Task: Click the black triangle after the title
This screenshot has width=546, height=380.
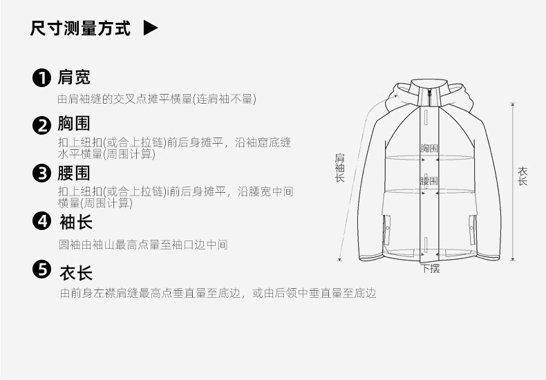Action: tap(151, 28)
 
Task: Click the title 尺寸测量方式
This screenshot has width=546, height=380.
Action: tap(80, 28)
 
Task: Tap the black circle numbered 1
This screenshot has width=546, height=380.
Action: tap(43, 77)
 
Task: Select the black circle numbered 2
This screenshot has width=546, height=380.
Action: tap(43, 125)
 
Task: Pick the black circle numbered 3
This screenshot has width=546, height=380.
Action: tap(43, 173)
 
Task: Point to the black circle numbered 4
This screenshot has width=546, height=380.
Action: tap(43, 222)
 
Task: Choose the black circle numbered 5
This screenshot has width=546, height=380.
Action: tap(43, 270)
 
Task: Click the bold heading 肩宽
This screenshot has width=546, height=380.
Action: tap(75, 77)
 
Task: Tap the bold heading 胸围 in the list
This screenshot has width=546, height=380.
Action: tap(75, 124)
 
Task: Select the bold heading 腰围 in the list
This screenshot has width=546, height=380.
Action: tap(75, 173)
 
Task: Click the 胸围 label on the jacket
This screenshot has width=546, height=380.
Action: tap(430, 148)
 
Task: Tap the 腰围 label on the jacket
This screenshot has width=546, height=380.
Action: tap(430, 181)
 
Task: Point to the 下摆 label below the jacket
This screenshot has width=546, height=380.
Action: tap(431, 269)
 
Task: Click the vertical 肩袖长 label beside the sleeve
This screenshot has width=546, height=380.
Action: tap(339, 167)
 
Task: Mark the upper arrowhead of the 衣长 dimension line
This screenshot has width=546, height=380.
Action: tap(512, 105)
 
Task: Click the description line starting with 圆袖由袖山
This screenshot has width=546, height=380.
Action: tap(144, 245)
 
